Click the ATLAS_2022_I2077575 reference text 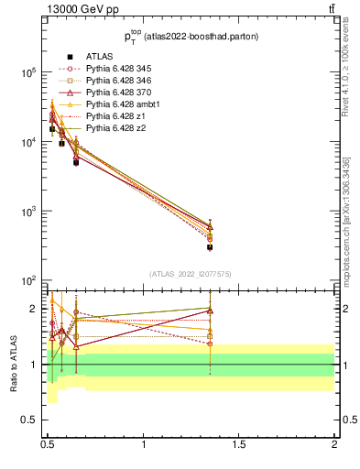[x=191, y=274]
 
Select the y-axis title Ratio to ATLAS [x=14, y=365]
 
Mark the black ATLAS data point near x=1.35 [x=210, y=246]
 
